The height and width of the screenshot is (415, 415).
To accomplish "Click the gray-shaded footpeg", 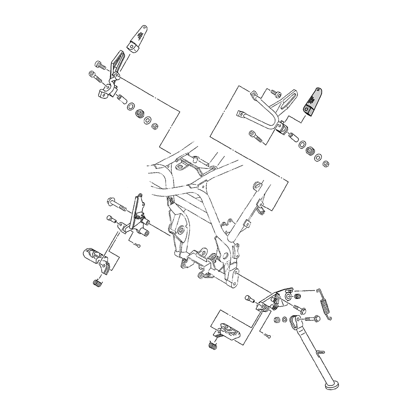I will (x=313, y=103).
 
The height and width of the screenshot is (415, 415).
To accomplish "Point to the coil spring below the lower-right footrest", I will (x=212, y=344).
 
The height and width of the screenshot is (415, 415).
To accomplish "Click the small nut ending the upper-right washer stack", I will (x=326, y=164).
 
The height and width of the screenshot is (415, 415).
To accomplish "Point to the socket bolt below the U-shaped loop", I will (x=255, y=136).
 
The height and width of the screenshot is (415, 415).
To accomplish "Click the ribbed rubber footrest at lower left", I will (x=95, y=257).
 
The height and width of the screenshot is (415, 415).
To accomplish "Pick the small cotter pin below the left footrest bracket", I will (x=137, y=245).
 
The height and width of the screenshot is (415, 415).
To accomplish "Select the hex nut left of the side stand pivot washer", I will (x=276, y=320).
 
